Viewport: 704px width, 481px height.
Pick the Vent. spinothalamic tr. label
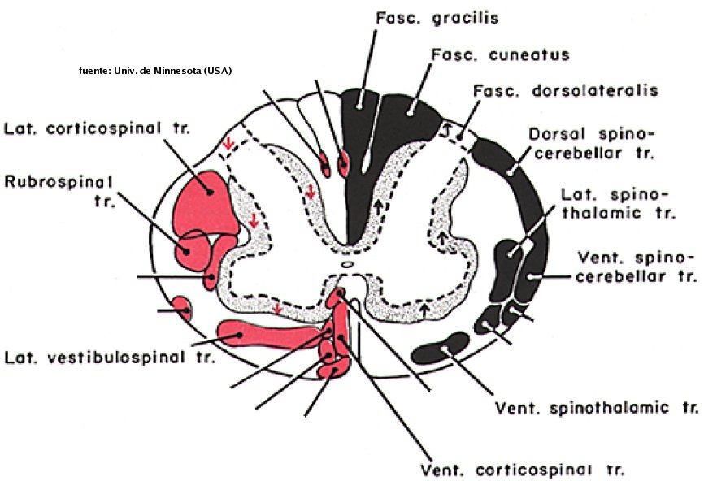click(x=598, y=406)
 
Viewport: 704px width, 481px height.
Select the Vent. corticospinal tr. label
click(x=521, y=470)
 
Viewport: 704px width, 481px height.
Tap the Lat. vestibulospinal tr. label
click(x=110, y=357)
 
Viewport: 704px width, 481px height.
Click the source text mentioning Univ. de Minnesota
click(x=154, y=71)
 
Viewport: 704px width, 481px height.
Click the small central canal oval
click(x=347, y=264)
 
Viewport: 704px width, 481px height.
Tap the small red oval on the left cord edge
click(x=182, y=309)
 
